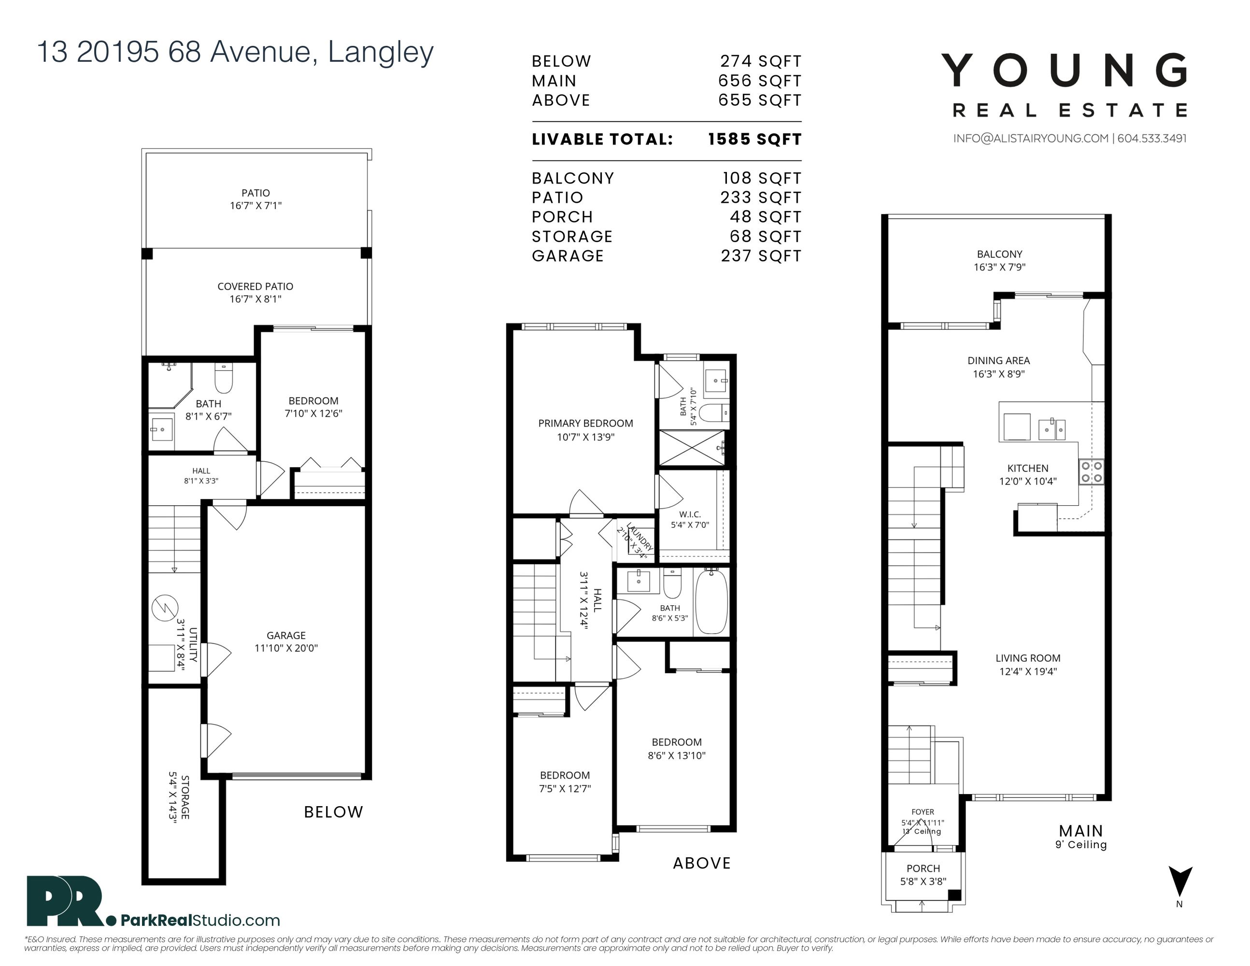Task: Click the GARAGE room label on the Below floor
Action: coord(286,635)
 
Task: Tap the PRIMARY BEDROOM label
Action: coord(585,424)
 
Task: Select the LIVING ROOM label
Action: coord(1028,658)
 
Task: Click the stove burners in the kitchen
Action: coord(1091,472)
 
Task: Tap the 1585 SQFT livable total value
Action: coord(754,140)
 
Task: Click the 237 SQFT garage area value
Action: coord(761,256)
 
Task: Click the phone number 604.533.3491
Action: coord(1151,139)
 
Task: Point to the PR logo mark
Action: coord(65,901)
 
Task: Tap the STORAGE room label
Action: coord(185,797)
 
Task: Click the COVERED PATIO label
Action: coord(256,286)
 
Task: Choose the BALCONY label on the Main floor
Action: coord(999,254)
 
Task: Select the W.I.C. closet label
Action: coord(690,514)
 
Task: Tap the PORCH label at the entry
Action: coord(923,869)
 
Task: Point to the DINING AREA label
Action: coord(999,360)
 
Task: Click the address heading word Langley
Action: coord(381,53)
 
